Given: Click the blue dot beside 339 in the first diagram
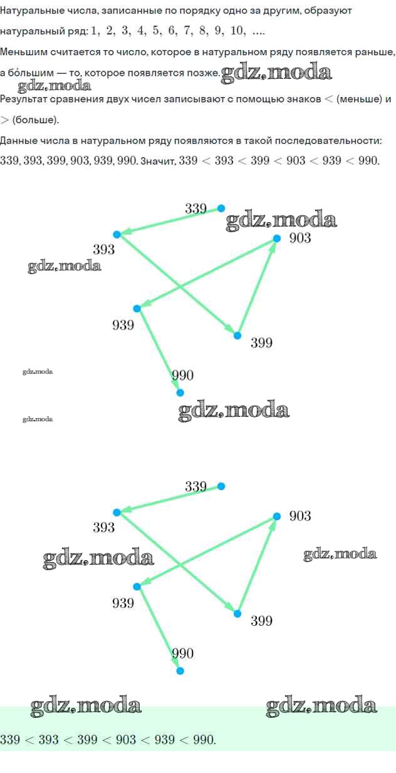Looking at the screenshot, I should click(221, 208).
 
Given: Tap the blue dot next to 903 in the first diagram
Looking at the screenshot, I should click(277, 238).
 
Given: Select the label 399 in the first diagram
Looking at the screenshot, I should click(261, 342).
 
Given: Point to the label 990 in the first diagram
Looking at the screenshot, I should click(182, 376).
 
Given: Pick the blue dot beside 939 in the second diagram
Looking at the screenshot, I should click(137, 586).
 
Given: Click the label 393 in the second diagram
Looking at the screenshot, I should click(104, 527).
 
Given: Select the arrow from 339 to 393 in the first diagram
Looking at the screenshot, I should click(169, 222).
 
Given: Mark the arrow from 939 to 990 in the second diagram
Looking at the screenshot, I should click(159, 628).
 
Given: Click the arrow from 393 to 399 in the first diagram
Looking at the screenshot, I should click(177, 285).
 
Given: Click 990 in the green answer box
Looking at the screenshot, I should click(204, 740).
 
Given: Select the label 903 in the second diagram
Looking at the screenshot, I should click(300, 516).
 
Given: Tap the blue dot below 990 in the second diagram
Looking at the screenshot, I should click(180, 671).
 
